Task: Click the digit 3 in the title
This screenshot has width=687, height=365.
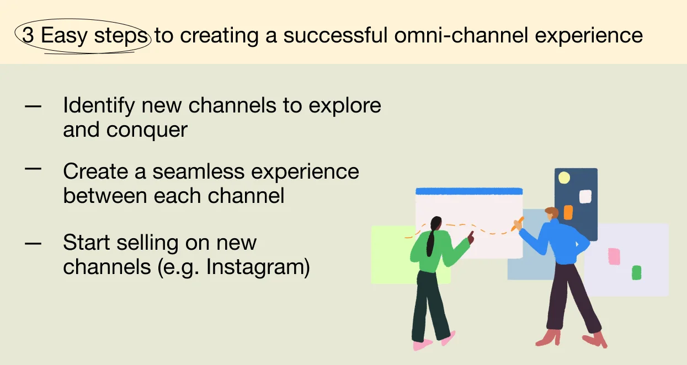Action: click(x=28, y=35)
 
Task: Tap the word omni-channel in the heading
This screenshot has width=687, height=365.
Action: click(x=461, y=35)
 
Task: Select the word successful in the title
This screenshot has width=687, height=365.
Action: click(x=335, y=35)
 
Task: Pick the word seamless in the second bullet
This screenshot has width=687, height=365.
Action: click(x=199, y=171)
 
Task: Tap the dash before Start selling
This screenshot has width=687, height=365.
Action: click(x=33, y=244)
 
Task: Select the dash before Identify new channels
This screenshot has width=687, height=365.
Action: click(x=33, y=106)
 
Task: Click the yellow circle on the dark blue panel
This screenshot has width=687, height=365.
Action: click(x=564, y=178)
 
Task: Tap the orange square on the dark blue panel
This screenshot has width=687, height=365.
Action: click(x=568, y=212)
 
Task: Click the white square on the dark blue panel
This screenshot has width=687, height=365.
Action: click(x=585, y=197)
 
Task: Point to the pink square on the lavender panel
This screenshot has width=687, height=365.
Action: click(x=614, y=256)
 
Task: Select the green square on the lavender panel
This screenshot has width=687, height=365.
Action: click(x=636, y=273)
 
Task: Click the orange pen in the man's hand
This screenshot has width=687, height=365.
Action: click(x=518, y=224)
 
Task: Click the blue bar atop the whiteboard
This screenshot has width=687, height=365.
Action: click(x=469, y=191)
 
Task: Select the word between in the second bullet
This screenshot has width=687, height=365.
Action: click(x=105, y=196)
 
